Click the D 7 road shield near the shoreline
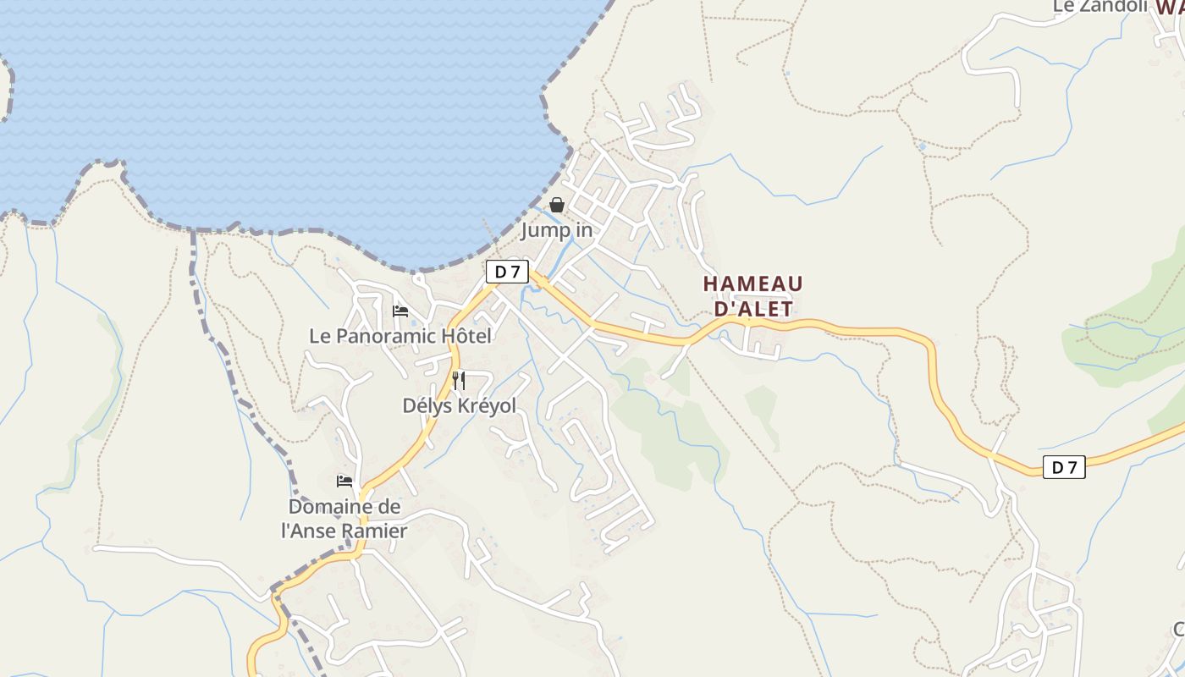pos(507,272)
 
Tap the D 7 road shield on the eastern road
pos(1063,466)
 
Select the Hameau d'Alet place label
pos(752,296)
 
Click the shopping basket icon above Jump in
pos(557,205)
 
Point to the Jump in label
pos(556,230)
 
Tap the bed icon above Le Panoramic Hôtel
pos(400,311)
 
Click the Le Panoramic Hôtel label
pos(400,336)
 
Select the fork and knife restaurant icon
pos(459,380)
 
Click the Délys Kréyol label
pos(459,405)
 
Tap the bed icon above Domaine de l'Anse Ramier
pos(344,482)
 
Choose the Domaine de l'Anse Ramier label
pos(344,519)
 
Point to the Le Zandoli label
pos(1099,6)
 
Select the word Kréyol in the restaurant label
pos(487,405)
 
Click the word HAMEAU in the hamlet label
pos(752,283)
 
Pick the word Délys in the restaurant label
pos(427,405)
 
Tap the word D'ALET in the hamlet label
pos(754,309)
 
